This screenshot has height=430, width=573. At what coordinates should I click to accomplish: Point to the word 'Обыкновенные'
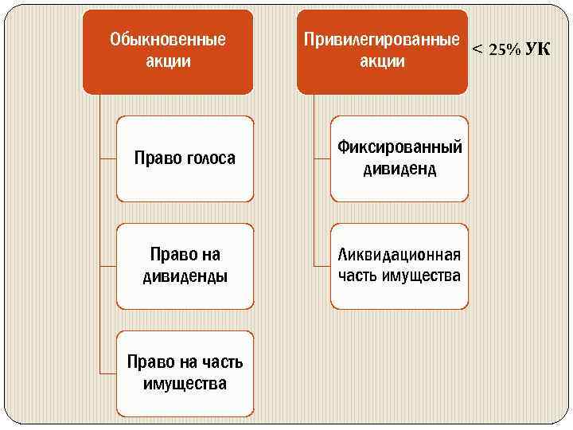tap(168, 39)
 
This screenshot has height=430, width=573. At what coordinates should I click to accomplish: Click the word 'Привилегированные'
tap(382, 39)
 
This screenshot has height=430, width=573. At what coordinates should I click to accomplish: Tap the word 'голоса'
tap(210, 158)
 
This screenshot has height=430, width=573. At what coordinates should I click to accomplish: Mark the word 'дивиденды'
tap(185, 276)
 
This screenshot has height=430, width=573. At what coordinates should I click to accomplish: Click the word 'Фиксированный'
tap(400, 147)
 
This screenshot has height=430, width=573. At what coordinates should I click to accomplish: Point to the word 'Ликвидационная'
tap(400, 255)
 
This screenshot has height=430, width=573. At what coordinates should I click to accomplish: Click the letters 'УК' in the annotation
tap(538, 49)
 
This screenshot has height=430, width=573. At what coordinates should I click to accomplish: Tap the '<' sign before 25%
tap(477, 49)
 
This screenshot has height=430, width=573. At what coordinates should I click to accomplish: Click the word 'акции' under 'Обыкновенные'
tap(168, 61)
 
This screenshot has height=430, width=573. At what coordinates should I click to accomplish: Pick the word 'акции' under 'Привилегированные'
tap(382, 61)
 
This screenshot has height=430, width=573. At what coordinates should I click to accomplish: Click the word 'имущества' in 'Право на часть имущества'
tap(185, 384)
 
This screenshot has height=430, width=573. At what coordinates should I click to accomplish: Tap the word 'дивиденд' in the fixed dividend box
tap(400, 169)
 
